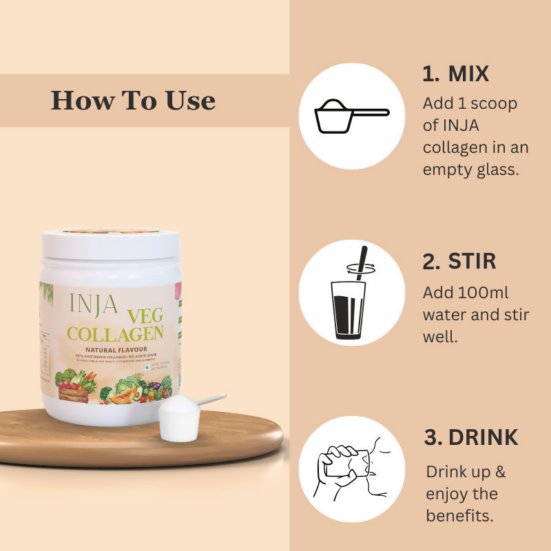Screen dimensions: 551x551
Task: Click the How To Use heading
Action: click(x=133, y=101)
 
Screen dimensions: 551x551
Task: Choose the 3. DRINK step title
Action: click(x=470, y=437)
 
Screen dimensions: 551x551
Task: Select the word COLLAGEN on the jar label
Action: click(x=115, y=335)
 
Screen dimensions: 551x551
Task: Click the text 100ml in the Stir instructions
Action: click(x=483, y=293)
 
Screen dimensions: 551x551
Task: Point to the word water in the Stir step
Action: click(x=446, y=315)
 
